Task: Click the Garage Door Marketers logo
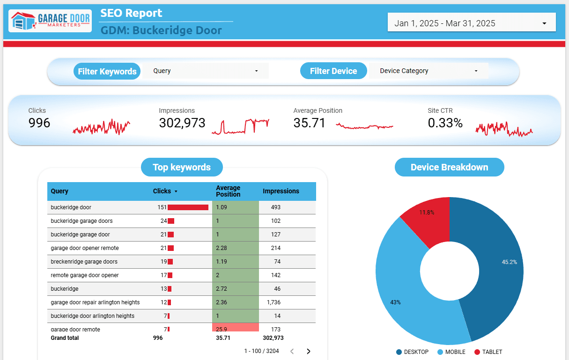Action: click(x=50, y=21)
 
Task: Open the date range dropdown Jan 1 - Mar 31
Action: click(x=471, y=23)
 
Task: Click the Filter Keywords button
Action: click(x=107, y=71)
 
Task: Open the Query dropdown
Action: click(x=206, y=71)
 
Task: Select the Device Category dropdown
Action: click(x=429, y=71)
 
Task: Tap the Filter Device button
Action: click(x=333, y=71)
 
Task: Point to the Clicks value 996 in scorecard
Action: click(x=39, y=123)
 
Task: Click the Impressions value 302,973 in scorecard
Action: click(x=182, y=123)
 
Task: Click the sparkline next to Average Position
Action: click(x=364, y=126)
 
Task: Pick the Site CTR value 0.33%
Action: click(x=445, y=123)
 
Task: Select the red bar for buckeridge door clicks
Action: click(x=188, y=207)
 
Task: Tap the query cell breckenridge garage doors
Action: click(x=84, y=262)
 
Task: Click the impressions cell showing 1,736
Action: click(x=273, y=302)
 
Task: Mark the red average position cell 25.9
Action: click(x=235, y=327)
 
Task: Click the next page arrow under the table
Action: click(x=309, y=351)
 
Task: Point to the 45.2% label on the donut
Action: click(x=509, y=262)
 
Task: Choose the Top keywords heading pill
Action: click(x=182, y=167)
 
